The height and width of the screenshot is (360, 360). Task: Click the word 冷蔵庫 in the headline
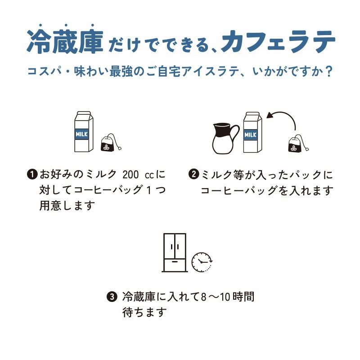pos(65,41)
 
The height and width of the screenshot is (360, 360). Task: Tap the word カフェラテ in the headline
pos(278,41)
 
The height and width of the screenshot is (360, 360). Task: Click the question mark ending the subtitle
pos(328,72)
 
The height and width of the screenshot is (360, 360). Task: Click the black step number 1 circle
pos(32,174)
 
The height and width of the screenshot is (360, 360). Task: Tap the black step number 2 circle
pos(193,174)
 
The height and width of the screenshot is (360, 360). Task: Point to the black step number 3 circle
pos(112,297)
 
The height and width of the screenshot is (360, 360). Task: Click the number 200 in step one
pos(130,175)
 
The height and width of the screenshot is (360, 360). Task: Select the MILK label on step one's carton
pos(81,134)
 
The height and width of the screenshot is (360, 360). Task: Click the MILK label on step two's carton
pos(250,135)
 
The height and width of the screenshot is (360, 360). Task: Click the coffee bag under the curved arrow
pos(297,144)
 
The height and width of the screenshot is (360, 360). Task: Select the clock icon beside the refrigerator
pos(202,262)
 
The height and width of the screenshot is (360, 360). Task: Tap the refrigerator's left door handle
pos(172,247)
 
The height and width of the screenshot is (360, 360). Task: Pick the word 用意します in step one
pos(67,205)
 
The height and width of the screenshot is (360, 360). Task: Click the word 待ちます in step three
pos(144,312)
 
